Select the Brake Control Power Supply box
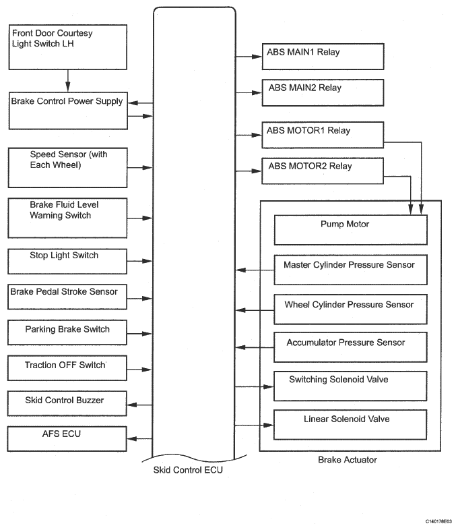click(x=67, y=111)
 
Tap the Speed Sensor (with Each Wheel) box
click(x=67, y=168)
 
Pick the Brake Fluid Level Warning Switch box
click(x=67, y=217)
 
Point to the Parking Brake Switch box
click(x=67, y=333)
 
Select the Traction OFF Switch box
click(x=67, y=369)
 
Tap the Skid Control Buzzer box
click(x=67, y=404)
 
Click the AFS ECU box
click(x=67, y=438)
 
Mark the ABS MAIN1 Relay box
click(x=323, y=56)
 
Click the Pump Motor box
click(x=350, y=229)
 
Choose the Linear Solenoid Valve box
click(x=350, y=424)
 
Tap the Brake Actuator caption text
click(x=347, y=460)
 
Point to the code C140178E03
click(x=438, y=521)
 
